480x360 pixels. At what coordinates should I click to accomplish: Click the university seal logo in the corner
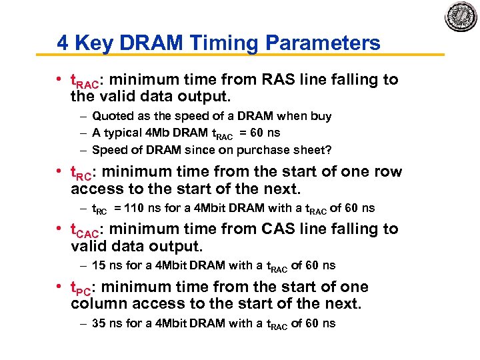pyautogui.click(x=459, y=17)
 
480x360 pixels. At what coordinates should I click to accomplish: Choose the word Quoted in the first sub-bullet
pyautogui.click(x=111, y=116)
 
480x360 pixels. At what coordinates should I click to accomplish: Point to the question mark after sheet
pyautogui.click(x=328, y=150)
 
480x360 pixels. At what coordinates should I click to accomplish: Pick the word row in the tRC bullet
pyautogui.click(x=389, y=172)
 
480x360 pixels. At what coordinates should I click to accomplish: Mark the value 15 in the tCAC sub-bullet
pyautogui.click(x=99, y=265)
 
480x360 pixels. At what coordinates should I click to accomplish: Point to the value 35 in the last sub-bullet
pyautogui.click(x=99, y=323)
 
